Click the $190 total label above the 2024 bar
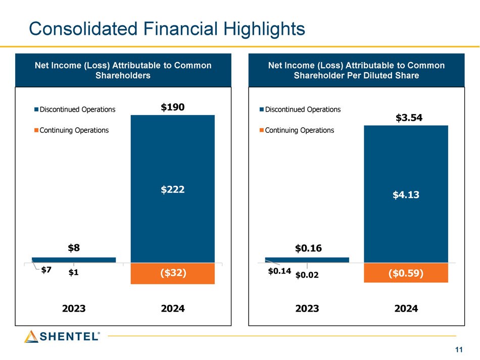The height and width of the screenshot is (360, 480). point(172,107)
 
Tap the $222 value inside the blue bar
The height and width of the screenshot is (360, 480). point(172,189)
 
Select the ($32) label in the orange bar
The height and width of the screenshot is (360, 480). point(172,273)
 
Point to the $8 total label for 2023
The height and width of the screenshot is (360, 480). point(74,248)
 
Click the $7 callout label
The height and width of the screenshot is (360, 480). point(46,270)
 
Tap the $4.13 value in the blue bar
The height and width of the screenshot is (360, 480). point(406,195)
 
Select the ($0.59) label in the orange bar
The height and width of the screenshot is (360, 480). point(406,273)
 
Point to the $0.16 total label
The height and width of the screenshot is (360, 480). point(308,248)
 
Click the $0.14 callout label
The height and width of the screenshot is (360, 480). point(278,271)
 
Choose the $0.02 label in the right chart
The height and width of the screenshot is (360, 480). point(307,275)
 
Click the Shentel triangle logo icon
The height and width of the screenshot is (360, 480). point(31,336)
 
